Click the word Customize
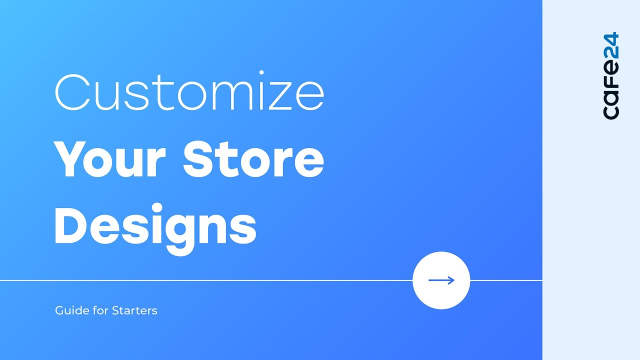tap(189, 93)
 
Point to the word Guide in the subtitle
tap(68, 310)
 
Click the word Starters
tap(134, 310)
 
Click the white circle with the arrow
tap(441, 280)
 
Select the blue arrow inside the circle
tap(441, 280)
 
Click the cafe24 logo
tap(611, 76)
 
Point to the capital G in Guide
tap(59, 310)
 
